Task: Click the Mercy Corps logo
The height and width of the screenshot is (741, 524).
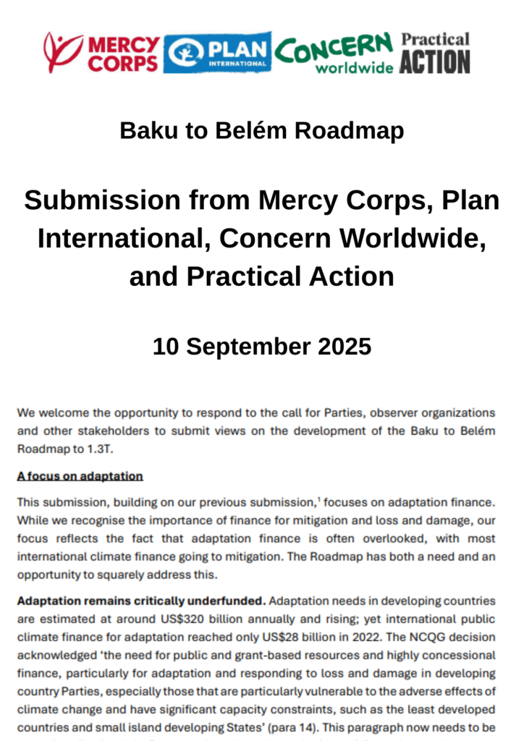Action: coord(101,53)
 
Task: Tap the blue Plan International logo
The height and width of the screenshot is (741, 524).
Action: coord(217,52)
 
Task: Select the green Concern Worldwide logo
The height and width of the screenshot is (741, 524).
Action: coord(334,53)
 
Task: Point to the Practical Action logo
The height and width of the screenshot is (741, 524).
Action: coord(435,53)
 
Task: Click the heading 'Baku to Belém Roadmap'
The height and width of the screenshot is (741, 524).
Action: coord(261,131)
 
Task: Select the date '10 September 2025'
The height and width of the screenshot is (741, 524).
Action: coord(261,346)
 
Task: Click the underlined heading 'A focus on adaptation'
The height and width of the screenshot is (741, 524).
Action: coord(80,476)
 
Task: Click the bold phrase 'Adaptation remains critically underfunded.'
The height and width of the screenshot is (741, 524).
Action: coord(142,601)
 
